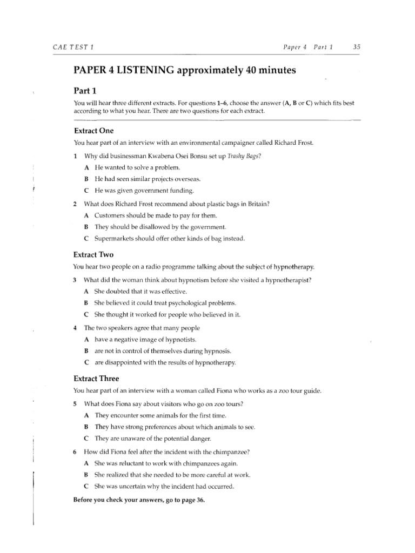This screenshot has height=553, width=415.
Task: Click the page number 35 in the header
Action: coord(356,47)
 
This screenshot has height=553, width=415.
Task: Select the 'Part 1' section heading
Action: coord(85,91)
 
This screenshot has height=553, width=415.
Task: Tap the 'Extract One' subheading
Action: coord(93,131)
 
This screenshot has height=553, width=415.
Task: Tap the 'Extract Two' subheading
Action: coord(93,254)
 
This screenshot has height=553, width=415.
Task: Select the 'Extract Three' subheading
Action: coord(96,378)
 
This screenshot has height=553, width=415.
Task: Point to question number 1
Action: coord(75,156)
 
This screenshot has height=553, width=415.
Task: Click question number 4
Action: coord(75,328)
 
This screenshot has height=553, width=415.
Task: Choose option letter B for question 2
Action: coord(86,227)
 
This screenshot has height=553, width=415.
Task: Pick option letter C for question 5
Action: coord(86,438)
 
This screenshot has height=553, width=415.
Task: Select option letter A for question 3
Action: coord(86,292)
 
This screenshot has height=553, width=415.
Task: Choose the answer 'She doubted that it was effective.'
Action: coord(140,292)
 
